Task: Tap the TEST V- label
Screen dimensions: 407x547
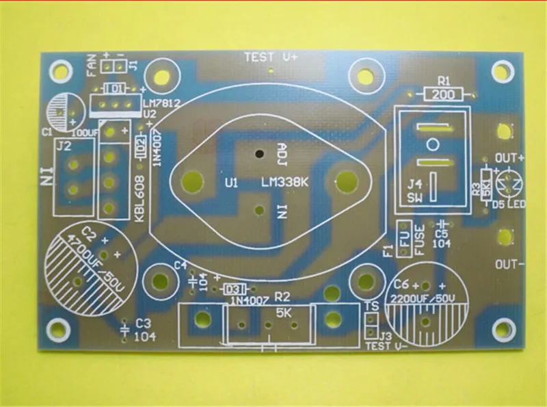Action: (387, 346)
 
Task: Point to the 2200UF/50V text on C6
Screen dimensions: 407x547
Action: (425, 298)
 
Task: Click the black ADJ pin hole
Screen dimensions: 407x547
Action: (259, 153)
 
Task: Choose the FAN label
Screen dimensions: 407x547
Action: (91, 66)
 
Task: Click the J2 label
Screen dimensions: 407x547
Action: (64, 145)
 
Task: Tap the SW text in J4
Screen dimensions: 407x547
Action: (415, 198)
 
